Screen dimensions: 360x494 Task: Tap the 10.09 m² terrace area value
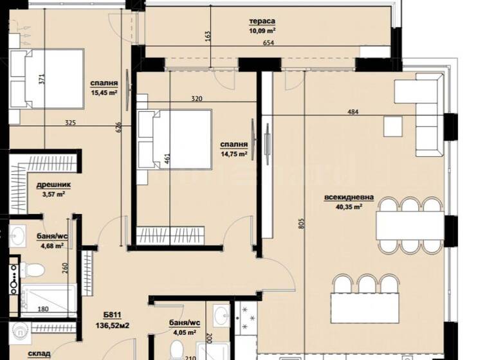click(x=262, y=30)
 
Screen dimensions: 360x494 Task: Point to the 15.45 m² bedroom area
click(x=104, y=93)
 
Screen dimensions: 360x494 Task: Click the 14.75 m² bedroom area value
click(x=232, y=154)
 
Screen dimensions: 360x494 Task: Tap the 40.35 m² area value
click(x=349, y=207)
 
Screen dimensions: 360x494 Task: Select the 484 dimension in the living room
click(x=352, y=112)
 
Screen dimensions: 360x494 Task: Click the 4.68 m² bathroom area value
click(x=53, y=246)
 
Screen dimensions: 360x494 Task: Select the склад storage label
click(x=39, y=354)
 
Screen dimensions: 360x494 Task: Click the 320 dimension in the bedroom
click(x=197, y=99)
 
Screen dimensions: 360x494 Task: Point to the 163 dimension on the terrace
click(x=208, y=36)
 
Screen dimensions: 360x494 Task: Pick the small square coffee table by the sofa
click(x=393, y=125)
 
